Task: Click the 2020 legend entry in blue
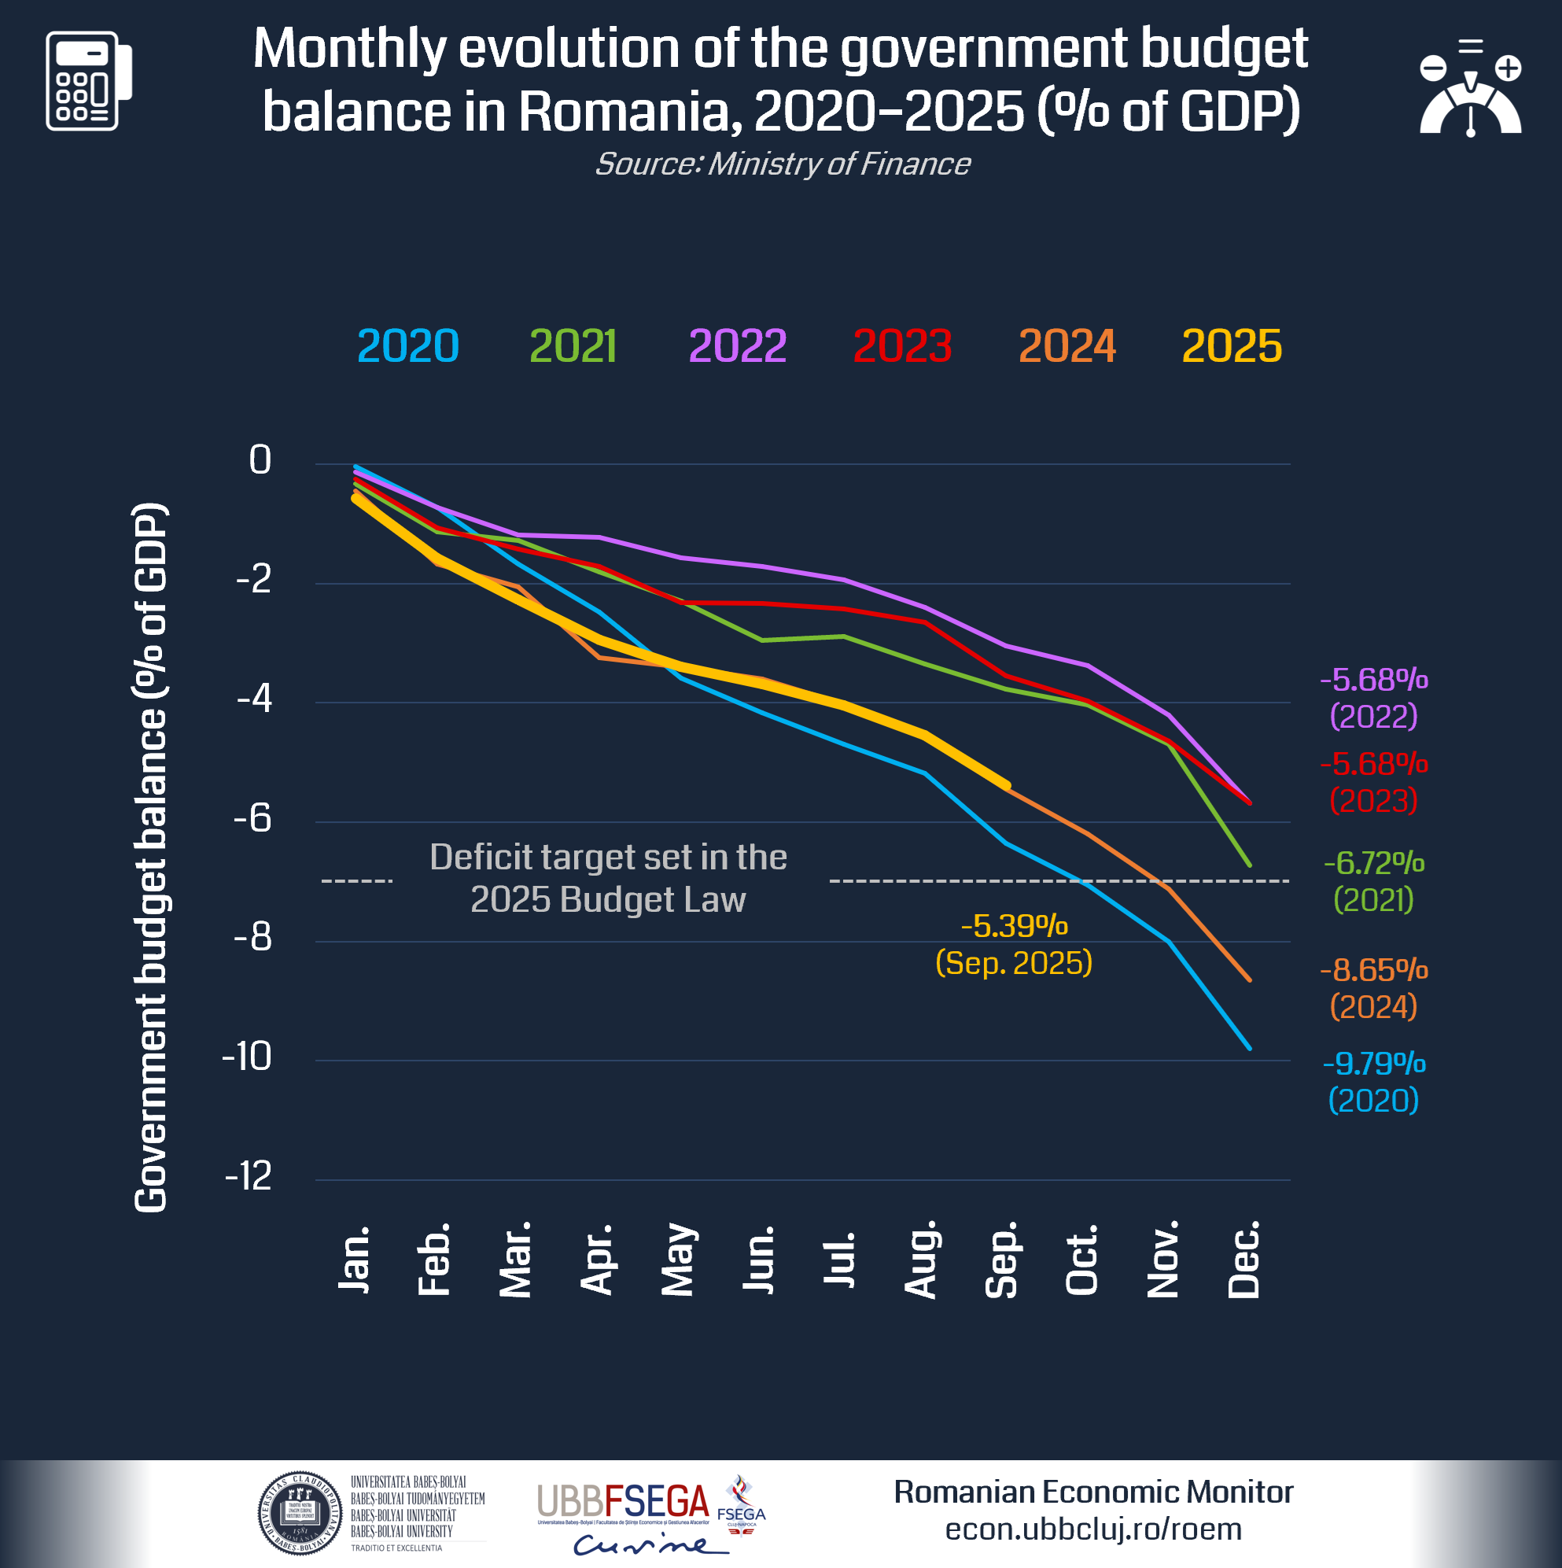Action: (408, 346)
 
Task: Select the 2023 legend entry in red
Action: (901, 346)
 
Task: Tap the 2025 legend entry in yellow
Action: (1231, 346)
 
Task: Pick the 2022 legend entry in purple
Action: (737, 346)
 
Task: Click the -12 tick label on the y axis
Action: (249, 1176)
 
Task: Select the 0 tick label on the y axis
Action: (260, 460)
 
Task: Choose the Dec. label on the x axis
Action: (1244, 1260)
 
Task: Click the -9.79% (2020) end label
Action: (1373, 1082)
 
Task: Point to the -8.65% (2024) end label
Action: (1373, 988)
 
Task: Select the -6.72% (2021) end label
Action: (1373, 881)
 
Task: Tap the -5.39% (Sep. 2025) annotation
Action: (1014, 945)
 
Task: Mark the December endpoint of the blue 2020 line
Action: (1250, 1049)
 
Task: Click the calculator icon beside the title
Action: (88, 81)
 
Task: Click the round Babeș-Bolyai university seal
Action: (300, 1513)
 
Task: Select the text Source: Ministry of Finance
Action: (783, 164)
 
